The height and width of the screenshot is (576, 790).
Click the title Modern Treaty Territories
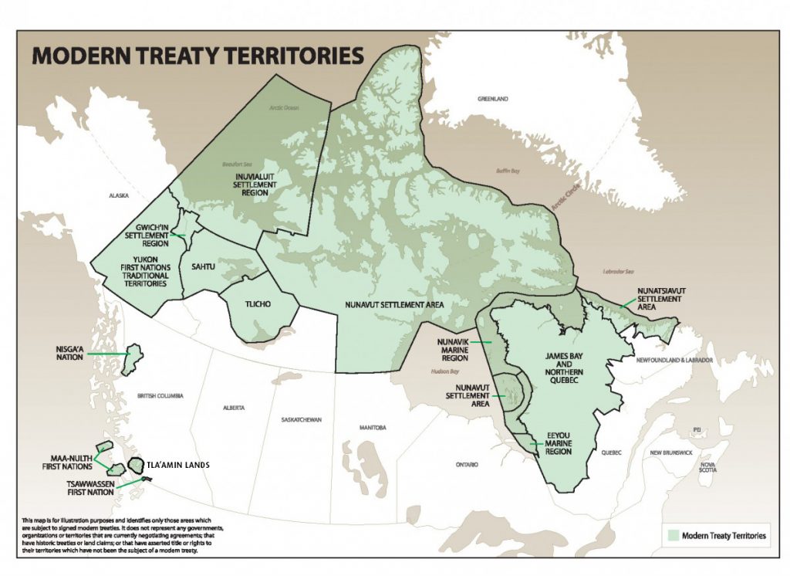197,56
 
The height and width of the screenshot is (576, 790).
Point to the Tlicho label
262,304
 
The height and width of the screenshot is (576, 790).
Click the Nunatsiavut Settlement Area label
661,299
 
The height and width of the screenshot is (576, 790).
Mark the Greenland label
494,100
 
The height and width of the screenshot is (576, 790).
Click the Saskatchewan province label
302,419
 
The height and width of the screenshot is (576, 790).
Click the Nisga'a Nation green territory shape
134,356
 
